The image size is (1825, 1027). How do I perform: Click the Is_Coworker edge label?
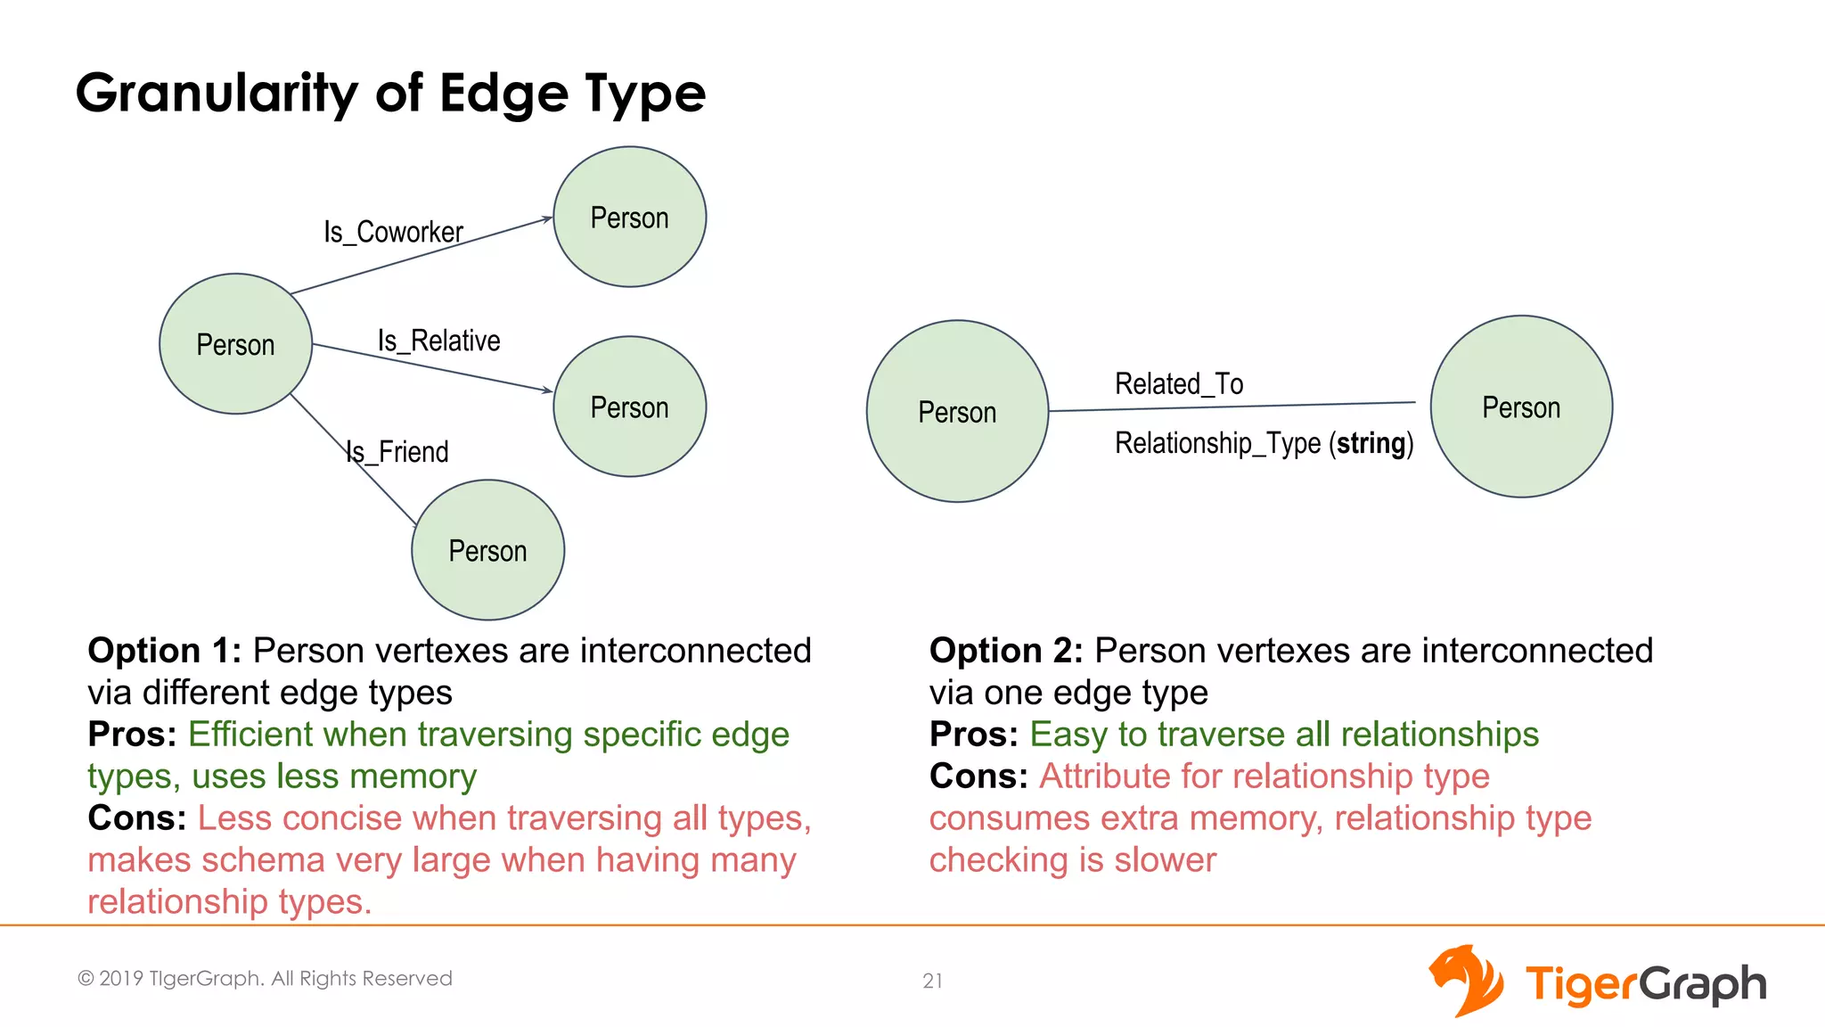[393, 233]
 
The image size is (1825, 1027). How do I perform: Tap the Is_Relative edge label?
[438, 341]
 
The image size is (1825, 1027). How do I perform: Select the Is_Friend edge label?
[397, 452]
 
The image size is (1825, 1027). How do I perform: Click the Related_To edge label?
[1178, 384]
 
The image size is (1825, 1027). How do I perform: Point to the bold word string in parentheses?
[1371, 443]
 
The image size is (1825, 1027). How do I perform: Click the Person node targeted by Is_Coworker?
[629, 218]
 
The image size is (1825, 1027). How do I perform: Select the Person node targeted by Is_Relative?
[629, 407]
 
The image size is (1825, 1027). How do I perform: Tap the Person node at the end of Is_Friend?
[487, 550]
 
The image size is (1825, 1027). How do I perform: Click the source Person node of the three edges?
[235, 344]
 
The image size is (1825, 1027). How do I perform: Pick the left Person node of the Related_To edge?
[957, 412]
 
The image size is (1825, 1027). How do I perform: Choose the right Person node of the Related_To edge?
[1521, 407]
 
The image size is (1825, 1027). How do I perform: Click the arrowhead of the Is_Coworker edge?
[547, 219]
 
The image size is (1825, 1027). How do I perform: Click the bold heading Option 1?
[164, 651]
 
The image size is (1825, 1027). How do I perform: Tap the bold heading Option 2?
[1005, 651]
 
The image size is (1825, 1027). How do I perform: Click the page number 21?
[932, 981]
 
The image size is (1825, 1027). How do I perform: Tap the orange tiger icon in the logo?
[1465, 981]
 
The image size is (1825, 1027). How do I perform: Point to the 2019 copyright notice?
[265, 979]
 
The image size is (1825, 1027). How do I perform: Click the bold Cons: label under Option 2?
[978, 776]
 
